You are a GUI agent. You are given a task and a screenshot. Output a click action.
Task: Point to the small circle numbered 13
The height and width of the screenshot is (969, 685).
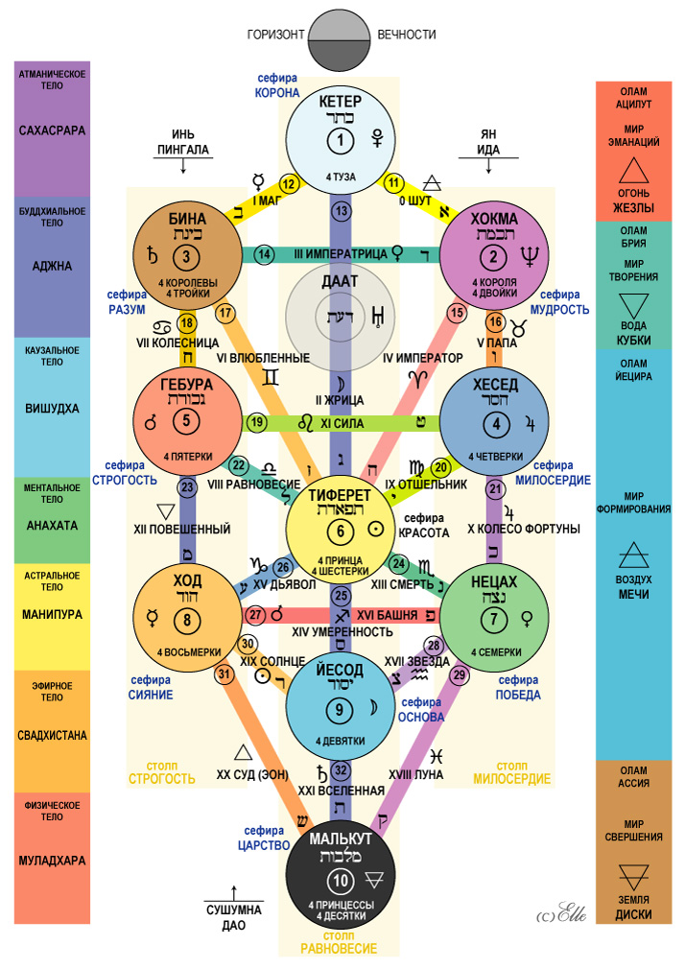341,210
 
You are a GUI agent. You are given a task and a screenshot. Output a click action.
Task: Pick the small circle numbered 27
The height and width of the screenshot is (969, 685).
256,614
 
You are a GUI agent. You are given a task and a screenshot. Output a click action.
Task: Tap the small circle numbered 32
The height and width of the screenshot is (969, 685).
342,769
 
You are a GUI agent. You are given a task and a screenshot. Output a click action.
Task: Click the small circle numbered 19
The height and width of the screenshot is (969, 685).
256,422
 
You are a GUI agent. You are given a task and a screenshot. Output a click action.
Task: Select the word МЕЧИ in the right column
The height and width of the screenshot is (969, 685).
633,595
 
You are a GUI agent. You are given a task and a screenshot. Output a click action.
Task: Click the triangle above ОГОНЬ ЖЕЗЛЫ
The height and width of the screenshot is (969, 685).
633,172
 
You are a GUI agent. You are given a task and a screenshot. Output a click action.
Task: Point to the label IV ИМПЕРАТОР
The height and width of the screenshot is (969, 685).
423,358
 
